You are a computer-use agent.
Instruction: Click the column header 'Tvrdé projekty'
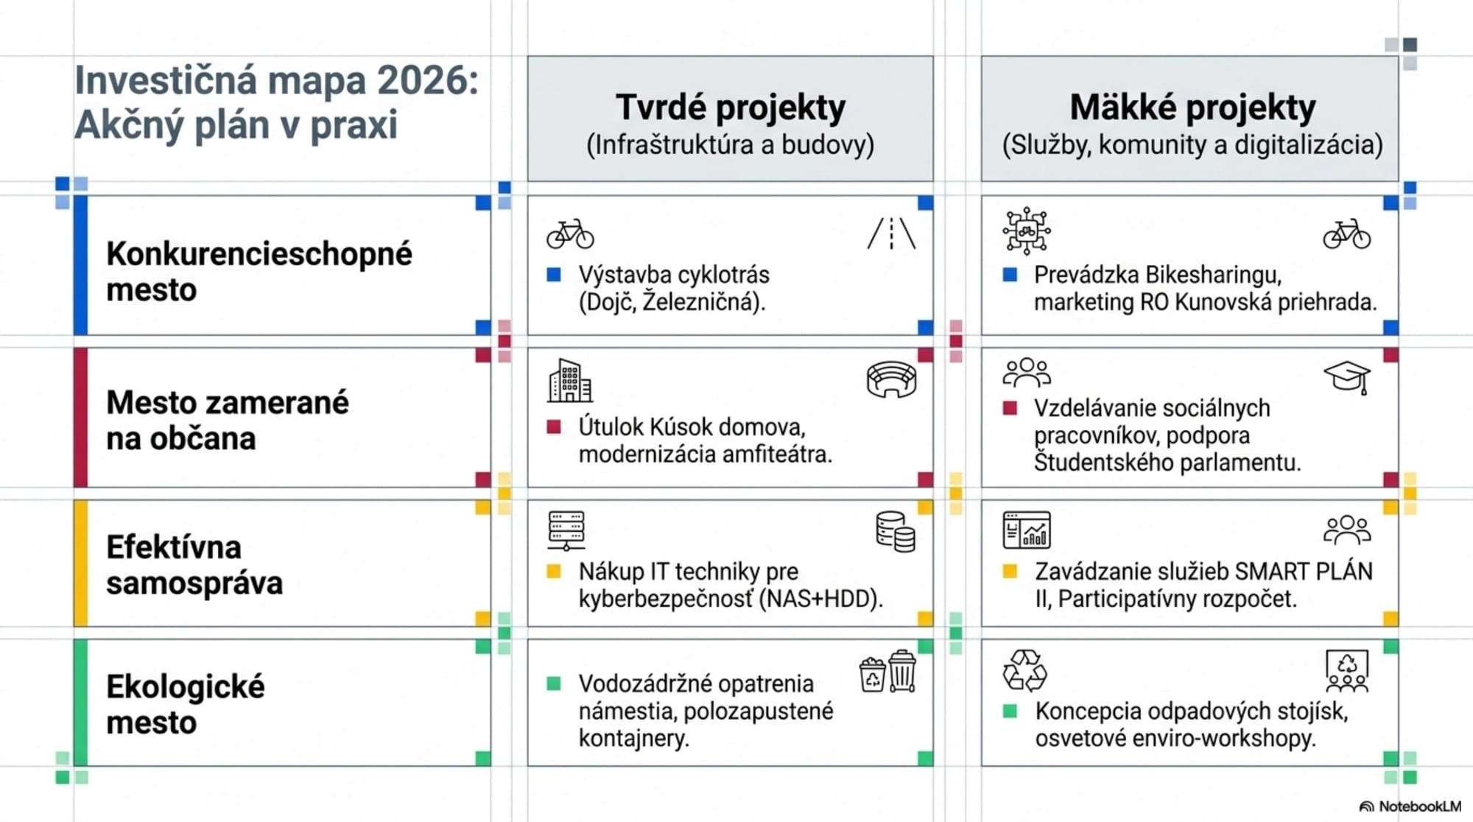pos(730,108)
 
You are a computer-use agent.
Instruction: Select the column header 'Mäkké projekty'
pos(1192,108)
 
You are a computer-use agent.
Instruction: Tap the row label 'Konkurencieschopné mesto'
pos(259,271)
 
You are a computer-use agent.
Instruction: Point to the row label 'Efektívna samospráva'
pos(194,565)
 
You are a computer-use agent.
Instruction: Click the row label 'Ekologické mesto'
pos(185,704)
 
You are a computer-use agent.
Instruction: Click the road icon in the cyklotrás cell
pos(891,233)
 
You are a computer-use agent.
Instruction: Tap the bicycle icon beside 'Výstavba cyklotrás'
pos(570,233)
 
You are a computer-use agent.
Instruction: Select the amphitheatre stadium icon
pos(891,379)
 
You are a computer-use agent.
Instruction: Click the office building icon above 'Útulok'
pos(569,381)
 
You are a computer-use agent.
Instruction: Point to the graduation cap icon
pos(1347,377)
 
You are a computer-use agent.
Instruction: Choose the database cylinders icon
pos(896,532)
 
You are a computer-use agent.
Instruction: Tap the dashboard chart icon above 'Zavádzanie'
pos(1027,530)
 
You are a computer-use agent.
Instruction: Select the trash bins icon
pos(887,671)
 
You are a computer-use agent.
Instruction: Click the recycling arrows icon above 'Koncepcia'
pos(1024,670)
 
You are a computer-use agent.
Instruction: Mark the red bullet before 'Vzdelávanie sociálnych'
pos(1010,408)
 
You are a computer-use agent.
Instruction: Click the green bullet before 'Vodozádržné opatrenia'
pos(554,684)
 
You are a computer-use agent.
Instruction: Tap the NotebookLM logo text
pos(1419,807)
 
